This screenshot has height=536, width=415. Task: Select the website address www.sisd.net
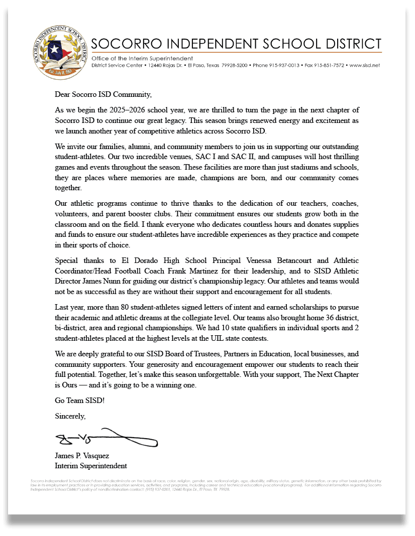[x=364, y=65]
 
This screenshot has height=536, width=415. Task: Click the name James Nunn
[x=103, y=282]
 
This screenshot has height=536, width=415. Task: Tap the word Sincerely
[x=70, y=416]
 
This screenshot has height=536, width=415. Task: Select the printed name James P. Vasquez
[x=82, y=456]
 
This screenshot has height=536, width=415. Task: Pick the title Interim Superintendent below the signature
[x=91, y=466]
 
